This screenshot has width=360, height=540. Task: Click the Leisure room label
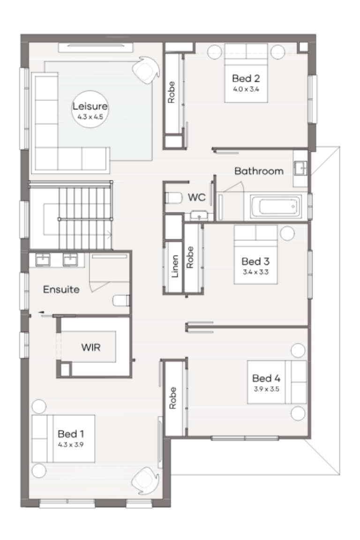tap(90, 106)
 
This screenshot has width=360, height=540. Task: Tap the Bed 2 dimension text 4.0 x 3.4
tap(246, 89)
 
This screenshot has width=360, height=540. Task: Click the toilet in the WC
tap(173, 198)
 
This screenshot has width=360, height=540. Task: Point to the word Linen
tap(175, 266)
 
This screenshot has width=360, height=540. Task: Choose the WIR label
tap(91, 347)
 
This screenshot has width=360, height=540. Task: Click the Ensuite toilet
tap(121, 300)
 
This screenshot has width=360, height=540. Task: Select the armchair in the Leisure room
tap(146, 70)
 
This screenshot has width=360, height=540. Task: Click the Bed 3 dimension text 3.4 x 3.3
tap(255, 272)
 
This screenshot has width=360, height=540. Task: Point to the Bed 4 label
tap(266, 378)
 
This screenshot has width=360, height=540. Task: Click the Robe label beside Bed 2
tap(171, 92)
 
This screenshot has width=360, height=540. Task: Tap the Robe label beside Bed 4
tap(172, 398)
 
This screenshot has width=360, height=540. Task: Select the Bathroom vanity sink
tap(300, 168)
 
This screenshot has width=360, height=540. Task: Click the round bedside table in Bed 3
tap(287, 233)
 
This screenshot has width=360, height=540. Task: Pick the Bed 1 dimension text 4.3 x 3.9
tap(71, 444)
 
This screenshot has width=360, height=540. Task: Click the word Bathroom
tap(259, 171)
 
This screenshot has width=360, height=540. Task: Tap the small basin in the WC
tap(199, 216)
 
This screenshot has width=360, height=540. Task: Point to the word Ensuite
tap(61, 289)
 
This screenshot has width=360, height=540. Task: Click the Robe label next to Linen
tap(190, 257)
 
